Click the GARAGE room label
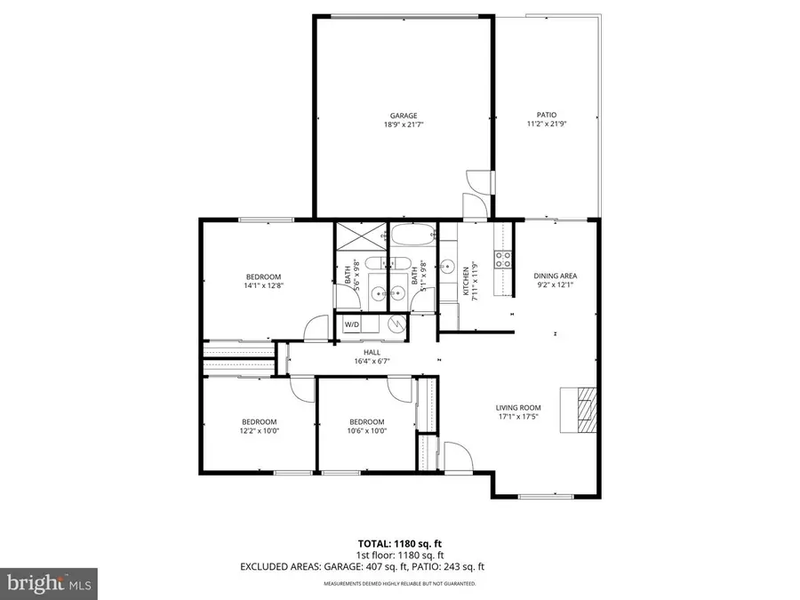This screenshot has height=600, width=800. (x=403, y=115)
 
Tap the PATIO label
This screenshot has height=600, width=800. (x=546, y=115)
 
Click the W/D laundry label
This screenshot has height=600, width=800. (x=351, y=325)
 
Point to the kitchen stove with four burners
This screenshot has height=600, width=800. (x=503, y=260)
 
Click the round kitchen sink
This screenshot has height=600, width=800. (x=450, y=267)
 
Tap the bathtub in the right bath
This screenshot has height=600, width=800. (x=413, y=238)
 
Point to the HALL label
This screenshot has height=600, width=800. (x=360, y=352)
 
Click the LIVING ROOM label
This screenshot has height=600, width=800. (x=518, y=409)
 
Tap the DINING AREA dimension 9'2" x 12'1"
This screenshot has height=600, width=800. (x=555, y=285)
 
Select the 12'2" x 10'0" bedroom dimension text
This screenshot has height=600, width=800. (x=259, y=431)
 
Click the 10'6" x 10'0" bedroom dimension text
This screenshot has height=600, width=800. (x=366, y=431)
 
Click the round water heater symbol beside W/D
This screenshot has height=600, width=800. (x=392, y=325)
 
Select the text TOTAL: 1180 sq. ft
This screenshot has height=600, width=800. (x=399, y=542)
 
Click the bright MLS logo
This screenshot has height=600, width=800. (x=49, y=583)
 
